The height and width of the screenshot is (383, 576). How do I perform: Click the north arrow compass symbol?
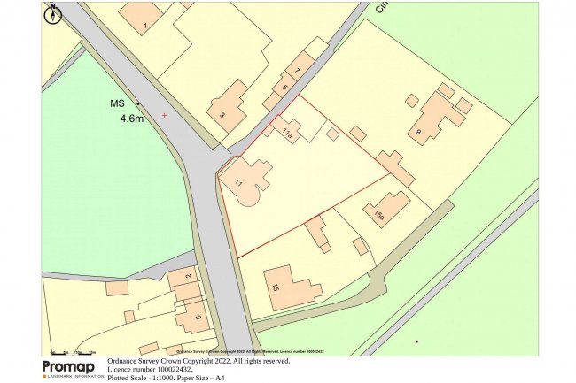[x=53, y=13]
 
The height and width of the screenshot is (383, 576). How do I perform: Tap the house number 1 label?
[x=144, y=27]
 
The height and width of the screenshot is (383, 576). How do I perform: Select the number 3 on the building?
[x=222, y=115]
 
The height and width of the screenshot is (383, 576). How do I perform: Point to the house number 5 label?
[x=284, y=88]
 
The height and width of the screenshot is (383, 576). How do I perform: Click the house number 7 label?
[x=298, y=71]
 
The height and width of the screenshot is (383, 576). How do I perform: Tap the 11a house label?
[x=287, y=134]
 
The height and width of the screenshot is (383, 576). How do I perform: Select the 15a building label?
[x=378, y=215]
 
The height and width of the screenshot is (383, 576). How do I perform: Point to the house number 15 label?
[x=276, y=287]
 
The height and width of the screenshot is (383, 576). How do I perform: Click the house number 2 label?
[x=188, y=277]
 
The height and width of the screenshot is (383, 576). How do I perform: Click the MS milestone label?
[x=117, y=103]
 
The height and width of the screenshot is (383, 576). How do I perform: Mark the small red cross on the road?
[x=164, y=115]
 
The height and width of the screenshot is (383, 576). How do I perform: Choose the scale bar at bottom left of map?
[x=73, y=353]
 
